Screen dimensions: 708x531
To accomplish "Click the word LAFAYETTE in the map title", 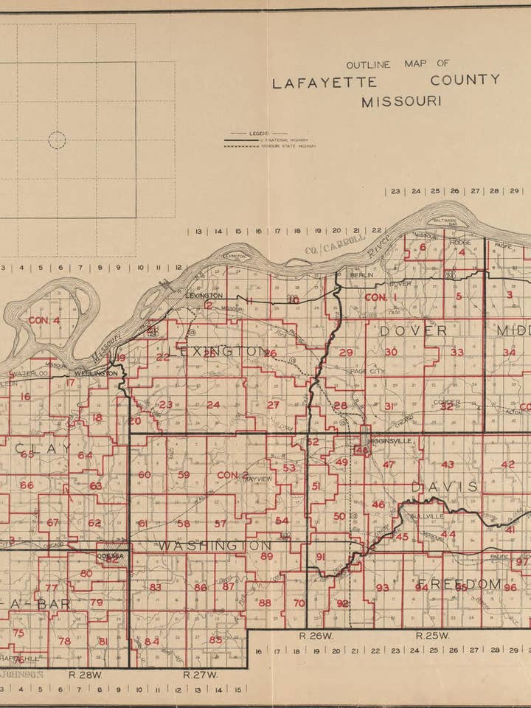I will point(324,83).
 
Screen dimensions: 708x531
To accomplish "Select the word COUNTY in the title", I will point(466,80).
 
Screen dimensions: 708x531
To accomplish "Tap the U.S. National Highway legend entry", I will point(283,139).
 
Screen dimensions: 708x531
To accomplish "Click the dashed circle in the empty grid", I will point(57,140).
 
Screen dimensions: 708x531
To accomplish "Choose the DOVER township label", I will point(413,331).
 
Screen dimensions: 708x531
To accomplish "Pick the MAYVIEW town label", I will point(257,479).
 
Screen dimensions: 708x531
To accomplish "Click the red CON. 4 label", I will point(44,320).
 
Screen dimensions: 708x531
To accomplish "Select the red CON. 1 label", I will point(381,297).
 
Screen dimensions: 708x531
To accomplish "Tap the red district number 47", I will point(389,465).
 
